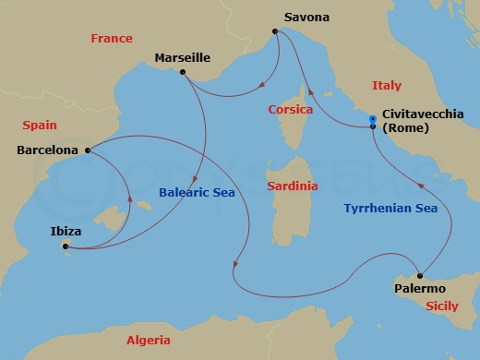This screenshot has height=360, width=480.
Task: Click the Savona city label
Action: click(x=306, y=17)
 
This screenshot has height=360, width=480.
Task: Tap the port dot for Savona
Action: click(x=275, y=32)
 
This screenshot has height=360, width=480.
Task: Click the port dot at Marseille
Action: click(x=183, y=72)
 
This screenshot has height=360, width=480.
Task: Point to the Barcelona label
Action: click(x=47, y=149)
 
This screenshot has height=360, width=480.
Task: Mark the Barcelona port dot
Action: click(x=87, y=150)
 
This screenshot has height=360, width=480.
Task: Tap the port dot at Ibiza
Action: click(x=65, y=246)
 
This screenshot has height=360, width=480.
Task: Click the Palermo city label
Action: click(x=420, y=289)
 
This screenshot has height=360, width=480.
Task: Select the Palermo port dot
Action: click(x=420, y=275)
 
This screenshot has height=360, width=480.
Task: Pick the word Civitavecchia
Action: click(x=418, y=115)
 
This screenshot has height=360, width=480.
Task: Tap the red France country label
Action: click(x=112, y=39)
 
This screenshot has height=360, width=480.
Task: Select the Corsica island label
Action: click(x=290, y=109)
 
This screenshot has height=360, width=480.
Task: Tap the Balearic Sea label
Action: click(x=190, y=193)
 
